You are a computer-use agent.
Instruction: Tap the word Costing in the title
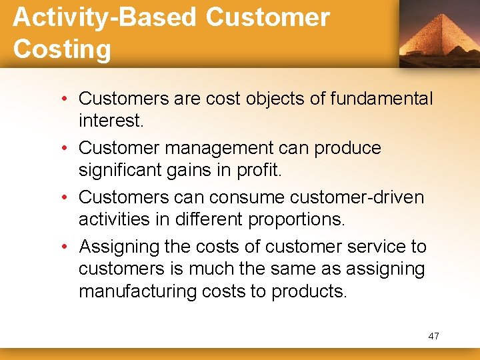(62, 49)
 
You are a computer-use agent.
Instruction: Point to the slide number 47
(433, 336)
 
